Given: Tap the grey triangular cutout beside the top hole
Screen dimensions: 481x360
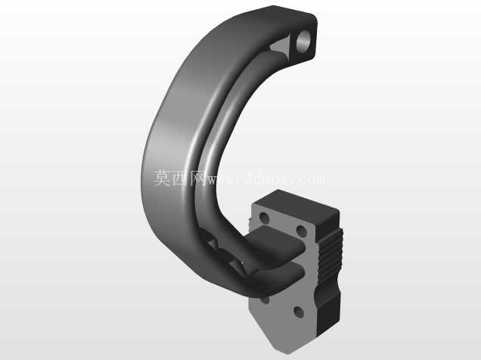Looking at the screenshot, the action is (281, 47).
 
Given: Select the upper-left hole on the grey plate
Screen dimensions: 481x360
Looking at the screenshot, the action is (264, 218).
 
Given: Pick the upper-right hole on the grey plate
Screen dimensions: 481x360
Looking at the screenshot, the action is (302, 231).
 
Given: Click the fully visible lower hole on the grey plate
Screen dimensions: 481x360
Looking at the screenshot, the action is (299, 312).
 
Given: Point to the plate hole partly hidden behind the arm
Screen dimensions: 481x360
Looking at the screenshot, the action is (265, 300).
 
